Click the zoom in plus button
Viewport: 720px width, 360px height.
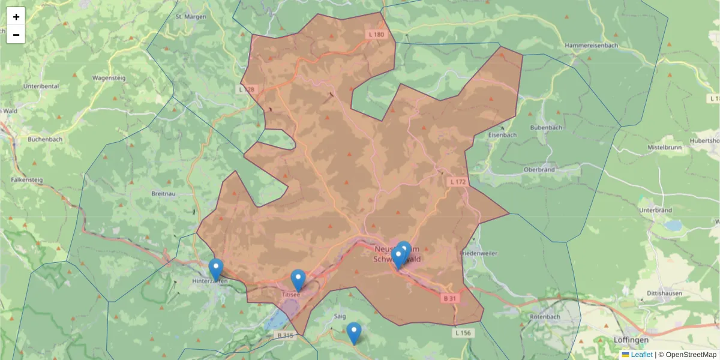point(16,17)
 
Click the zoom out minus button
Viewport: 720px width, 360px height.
point(16,35)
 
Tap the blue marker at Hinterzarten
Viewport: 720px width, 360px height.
point(216,269)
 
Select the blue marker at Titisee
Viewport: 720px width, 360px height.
point(298,280)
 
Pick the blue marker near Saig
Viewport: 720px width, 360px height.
point(354,333)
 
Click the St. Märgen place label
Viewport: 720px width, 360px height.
point(191,17)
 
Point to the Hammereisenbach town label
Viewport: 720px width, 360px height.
point(591,46)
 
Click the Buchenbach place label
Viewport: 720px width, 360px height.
point(45,139)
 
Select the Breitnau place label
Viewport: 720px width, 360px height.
point(164,194)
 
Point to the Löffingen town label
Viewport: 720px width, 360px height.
point(631,340)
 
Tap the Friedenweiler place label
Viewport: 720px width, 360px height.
point(478,253)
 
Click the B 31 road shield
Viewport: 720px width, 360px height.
point(450,298)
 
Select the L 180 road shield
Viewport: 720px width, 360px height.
point(376,35)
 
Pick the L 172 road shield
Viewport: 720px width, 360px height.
point(457,181)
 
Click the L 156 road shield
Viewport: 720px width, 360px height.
point(463,332)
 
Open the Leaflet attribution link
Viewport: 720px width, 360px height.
point(641,355)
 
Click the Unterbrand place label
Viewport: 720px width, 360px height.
point(655,210)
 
